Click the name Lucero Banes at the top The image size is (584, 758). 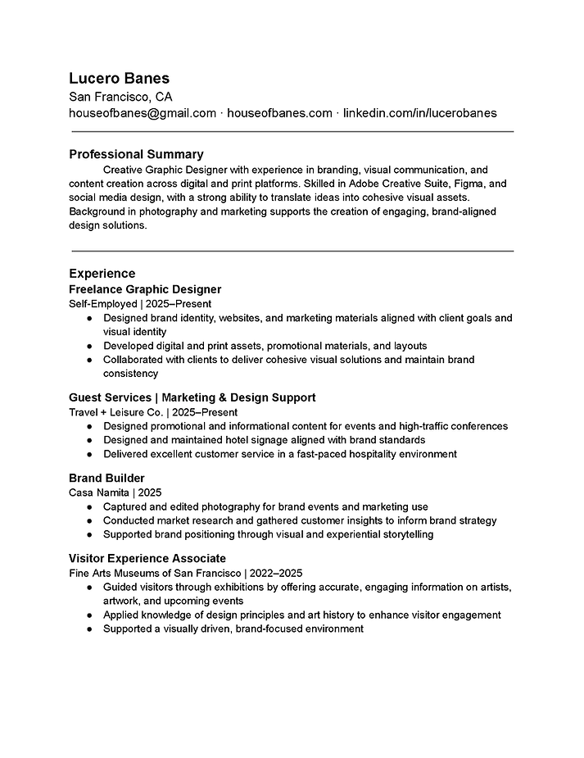pyautogui.click(x=120, y=78)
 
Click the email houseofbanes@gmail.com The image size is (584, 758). pyautogui.click(x=143, y=113)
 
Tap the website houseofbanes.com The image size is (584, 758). pyautogui.click(x=279, y=113)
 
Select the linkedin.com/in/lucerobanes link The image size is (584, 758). pyautogui.click(x=419, y=113)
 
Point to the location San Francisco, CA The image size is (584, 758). pyautogui.click(x=120, y=96)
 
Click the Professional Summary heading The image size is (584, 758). pyautogui.click(x=136, y=154)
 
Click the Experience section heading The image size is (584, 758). pyautogui.click(x=102, y=273)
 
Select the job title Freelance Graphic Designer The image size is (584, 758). pyautogui.click(x=145, y=289)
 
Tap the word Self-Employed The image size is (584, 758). pyautogui.click(x=103, y=303)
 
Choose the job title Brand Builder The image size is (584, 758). pyautogui.click(x=106, y=478)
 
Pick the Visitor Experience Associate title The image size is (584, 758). pyautogui.click(x=147, y=558)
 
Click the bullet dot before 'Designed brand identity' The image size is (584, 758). pyautogui.click(x=88, y=318)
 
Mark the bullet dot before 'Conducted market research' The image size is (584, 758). pyautogui.click(x=88, y=520)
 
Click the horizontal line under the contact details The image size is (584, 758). pyautogui.click(x=292, y=131)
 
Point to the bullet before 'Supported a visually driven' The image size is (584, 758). pyautogui.click(x=88, y=629)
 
